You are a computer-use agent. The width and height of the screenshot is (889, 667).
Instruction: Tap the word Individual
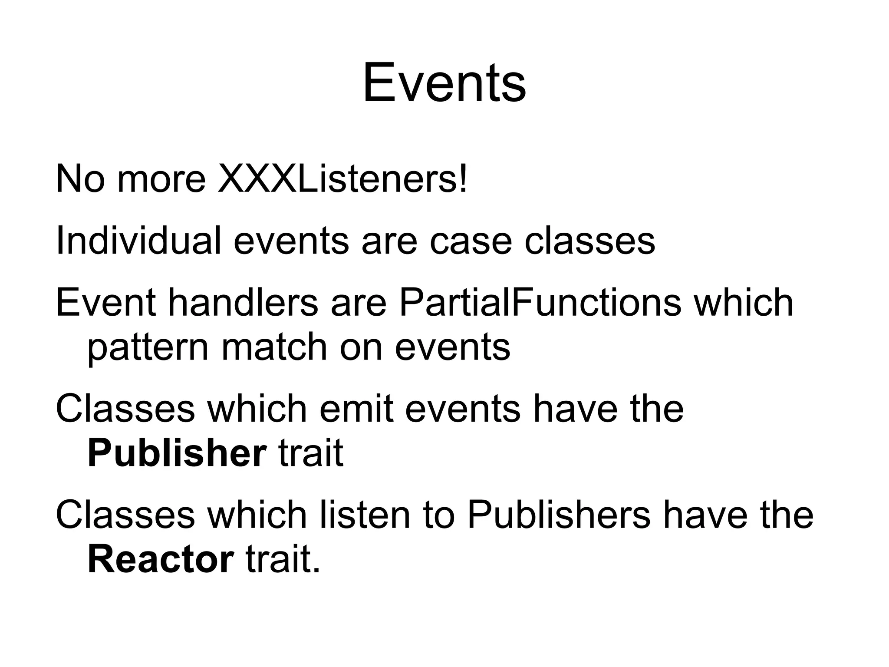(138, 241)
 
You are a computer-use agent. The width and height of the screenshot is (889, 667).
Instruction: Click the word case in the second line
(471, 241)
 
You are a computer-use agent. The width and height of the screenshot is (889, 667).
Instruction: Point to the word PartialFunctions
(540, 303)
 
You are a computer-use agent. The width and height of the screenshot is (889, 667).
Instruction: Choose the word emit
(356, 409)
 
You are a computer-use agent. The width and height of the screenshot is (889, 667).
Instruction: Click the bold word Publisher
(177, 453)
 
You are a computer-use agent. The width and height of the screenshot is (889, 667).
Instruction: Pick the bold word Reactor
(161, 560)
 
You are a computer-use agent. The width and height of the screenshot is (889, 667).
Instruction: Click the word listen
(365, 515)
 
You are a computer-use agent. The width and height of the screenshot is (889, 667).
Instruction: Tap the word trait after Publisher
(310, 453)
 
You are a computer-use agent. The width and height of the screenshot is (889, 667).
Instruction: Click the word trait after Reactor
(282, 560)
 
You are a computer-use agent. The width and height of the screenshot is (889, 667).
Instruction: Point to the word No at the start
(80, 179)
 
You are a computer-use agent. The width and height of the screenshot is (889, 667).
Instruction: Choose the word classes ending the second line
(589, 241)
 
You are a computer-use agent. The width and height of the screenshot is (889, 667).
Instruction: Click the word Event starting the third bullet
(105, 303)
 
